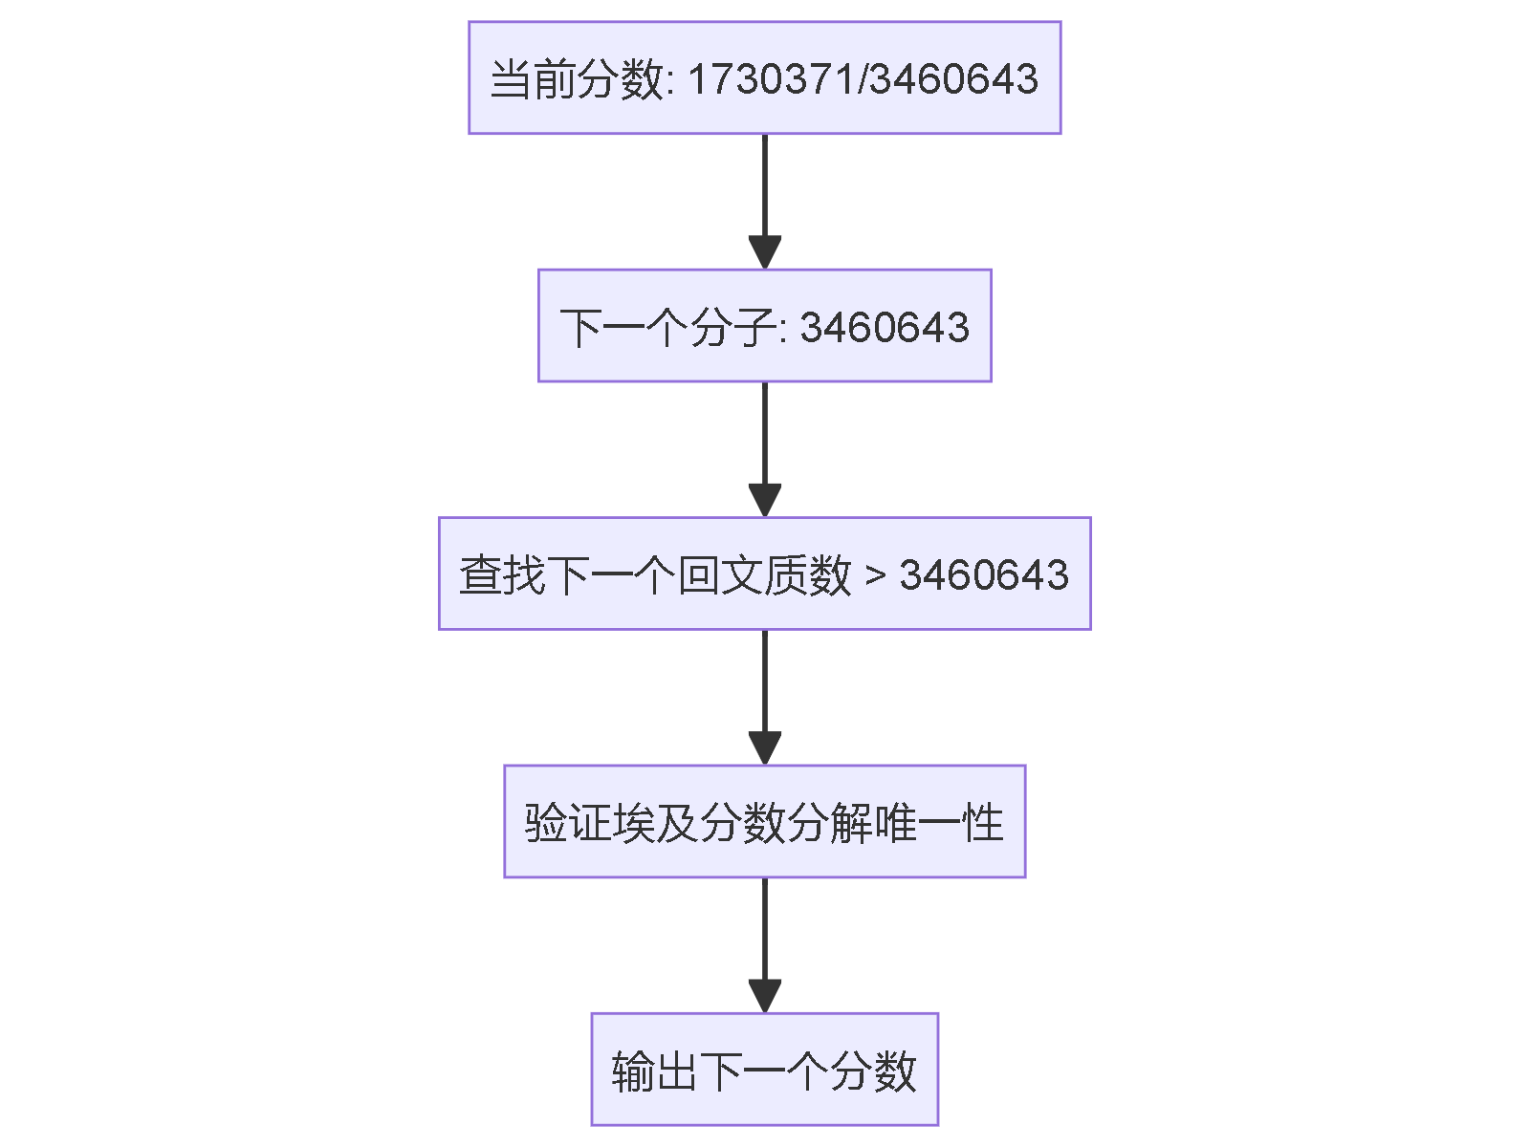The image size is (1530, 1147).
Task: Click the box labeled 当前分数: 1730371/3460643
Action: pyautogui.click(x=764, y=77)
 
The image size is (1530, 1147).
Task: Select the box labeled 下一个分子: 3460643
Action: pyautogui.click(x=764, y=326)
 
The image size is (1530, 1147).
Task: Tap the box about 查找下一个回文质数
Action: pyautogui.click(x=764, y=573)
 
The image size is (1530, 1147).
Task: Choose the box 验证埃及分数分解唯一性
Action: pyautogui.click(x=764, y=821)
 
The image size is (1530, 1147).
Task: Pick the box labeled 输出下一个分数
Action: pyautogui.click(x=764, y=1069)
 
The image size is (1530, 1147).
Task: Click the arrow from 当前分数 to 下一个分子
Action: pyautogui.click(x=764, y=201)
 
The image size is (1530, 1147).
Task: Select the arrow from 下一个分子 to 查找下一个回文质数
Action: pyautogui.click(x=764, y=449)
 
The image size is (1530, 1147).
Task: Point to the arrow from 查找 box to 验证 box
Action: pyautogui.click(x=764, y=697)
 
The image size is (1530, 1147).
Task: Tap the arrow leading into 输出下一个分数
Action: pyautogui.click(x=764, y=944)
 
